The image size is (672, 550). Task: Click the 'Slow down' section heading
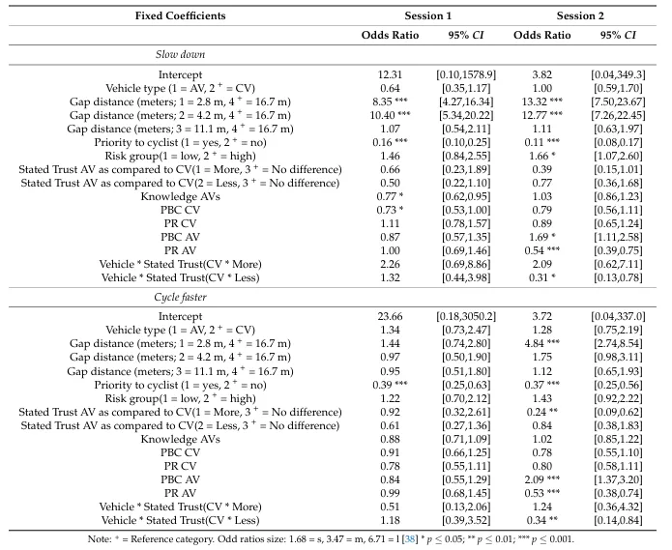(179, 55)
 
